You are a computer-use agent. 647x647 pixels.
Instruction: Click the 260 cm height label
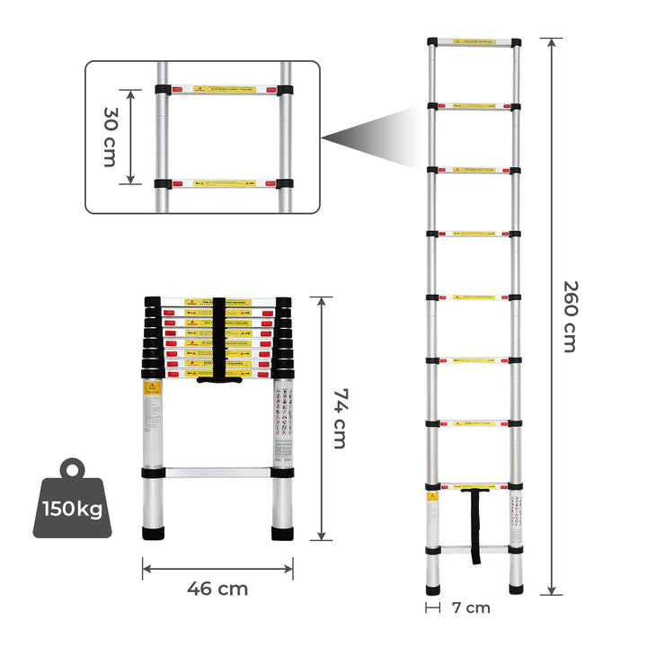tap(570, 316)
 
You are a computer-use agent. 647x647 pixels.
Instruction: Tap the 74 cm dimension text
tap(339, 419)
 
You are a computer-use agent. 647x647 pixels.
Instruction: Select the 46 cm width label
tap(217, 589)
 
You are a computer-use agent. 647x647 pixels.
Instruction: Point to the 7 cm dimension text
tap(472, 607)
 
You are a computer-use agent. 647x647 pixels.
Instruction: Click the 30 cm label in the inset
tap(110, 137)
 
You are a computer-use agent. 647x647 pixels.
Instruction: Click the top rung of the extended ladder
tap(474, 42)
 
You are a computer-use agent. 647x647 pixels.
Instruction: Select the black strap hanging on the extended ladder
tap(475, 526)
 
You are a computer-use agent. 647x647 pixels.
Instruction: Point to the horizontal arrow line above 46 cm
tap(217, 568)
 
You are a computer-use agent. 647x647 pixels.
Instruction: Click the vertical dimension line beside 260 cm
tap(552, 316)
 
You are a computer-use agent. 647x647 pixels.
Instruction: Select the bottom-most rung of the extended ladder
tap(474, 549)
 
